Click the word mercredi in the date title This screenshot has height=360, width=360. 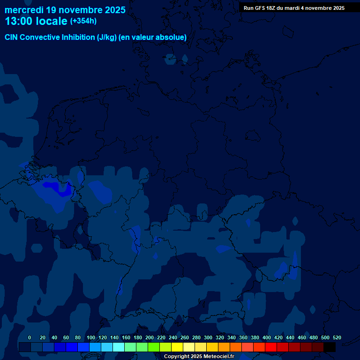[x=24, y=9]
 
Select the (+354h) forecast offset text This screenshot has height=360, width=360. [x=83, y=21]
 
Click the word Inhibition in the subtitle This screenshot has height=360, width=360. [x=77, y=37]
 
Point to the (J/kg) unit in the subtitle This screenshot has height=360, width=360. [x=107, y=37]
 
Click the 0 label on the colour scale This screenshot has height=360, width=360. [x=30, y=337]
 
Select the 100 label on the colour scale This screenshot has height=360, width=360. [x=91, y=337]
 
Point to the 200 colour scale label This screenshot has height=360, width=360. [x=150, y=337]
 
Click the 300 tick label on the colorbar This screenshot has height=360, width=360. [x=208, y=337]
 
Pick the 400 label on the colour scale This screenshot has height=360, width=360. [x=267, y=337]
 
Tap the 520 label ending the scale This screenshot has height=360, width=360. [x=337, y=337]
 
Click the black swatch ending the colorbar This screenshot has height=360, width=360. [x=330, y=347]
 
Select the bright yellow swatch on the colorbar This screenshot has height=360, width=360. [x=177, y=347]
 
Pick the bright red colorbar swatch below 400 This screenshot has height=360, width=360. [x=271, y=347]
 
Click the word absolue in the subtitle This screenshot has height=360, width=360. [x=171, y=37]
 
